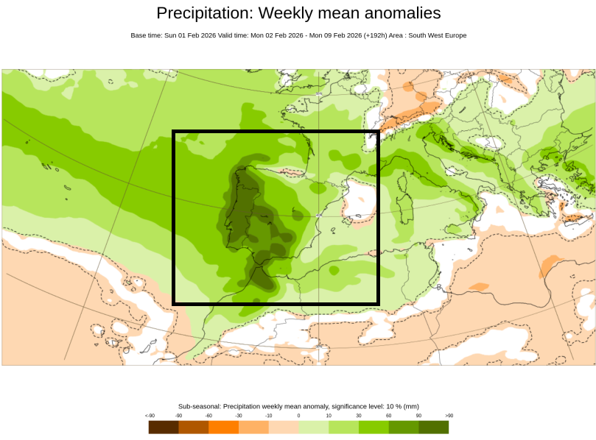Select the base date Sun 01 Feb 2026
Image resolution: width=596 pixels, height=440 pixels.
click(190, 35)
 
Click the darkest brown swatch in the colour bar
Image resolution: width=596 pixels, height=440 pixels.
click(163, 427)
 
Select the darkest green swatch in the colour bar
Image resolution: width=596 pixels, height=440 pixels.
click(434, 427)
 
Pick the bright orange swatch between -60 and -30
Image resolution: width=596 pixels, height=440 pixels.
click(223, 427)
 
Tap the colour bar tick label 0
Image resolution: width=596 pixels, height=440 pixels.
click(298, 416)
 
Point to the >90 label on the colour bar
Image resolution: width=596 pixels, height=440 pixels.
click(449, 416)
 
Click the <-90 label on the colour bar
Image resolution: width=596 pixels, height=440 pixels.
click(150, 416)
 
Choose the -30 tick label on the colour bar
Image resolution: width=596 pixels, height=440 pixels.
click(238, 416)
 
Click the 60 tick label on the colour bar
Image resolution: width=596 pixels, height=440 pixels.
click(388, 416)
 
